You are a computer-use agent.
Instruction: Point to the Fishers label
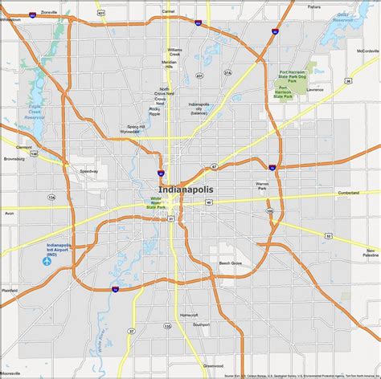click(x=313, y=6)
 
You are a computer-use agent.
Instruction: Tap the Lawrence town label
click(x=314, y=89)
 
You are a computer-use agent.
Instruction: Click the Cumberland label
click(x=349, y=193)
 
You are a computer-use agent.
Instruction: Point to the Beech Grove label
click(x=231, y=263)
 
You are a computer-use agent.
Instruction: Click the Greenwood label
click(x=213, y=365)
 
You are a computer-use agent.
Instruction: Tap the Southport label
click(x=201, y=325)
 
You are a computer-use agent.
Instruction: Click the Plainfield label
click(x=10, y=290)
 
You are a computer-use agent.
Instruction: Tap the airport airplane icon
click(x=47, y=262)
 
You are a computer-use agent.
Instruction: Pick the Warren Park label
click(x=262, y=185)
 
